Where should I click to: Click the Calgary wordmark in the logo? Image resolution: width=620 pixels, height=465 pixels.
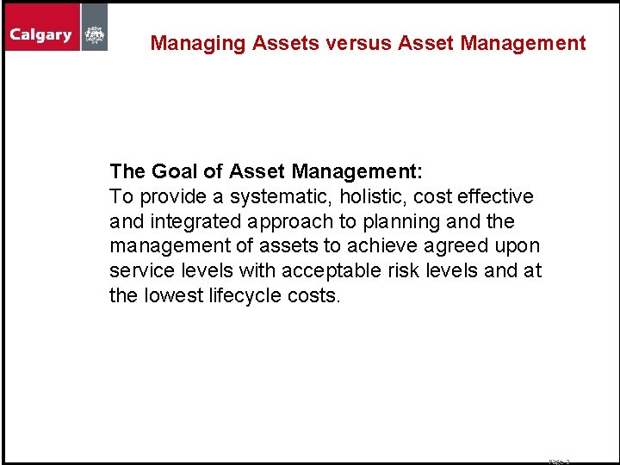point(40,35)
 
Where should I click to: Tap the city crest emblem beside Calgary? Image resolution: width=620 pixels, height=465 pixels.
point(95,35)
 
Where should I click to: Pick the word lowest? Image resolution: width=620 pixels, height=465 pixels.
point(173,296)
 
